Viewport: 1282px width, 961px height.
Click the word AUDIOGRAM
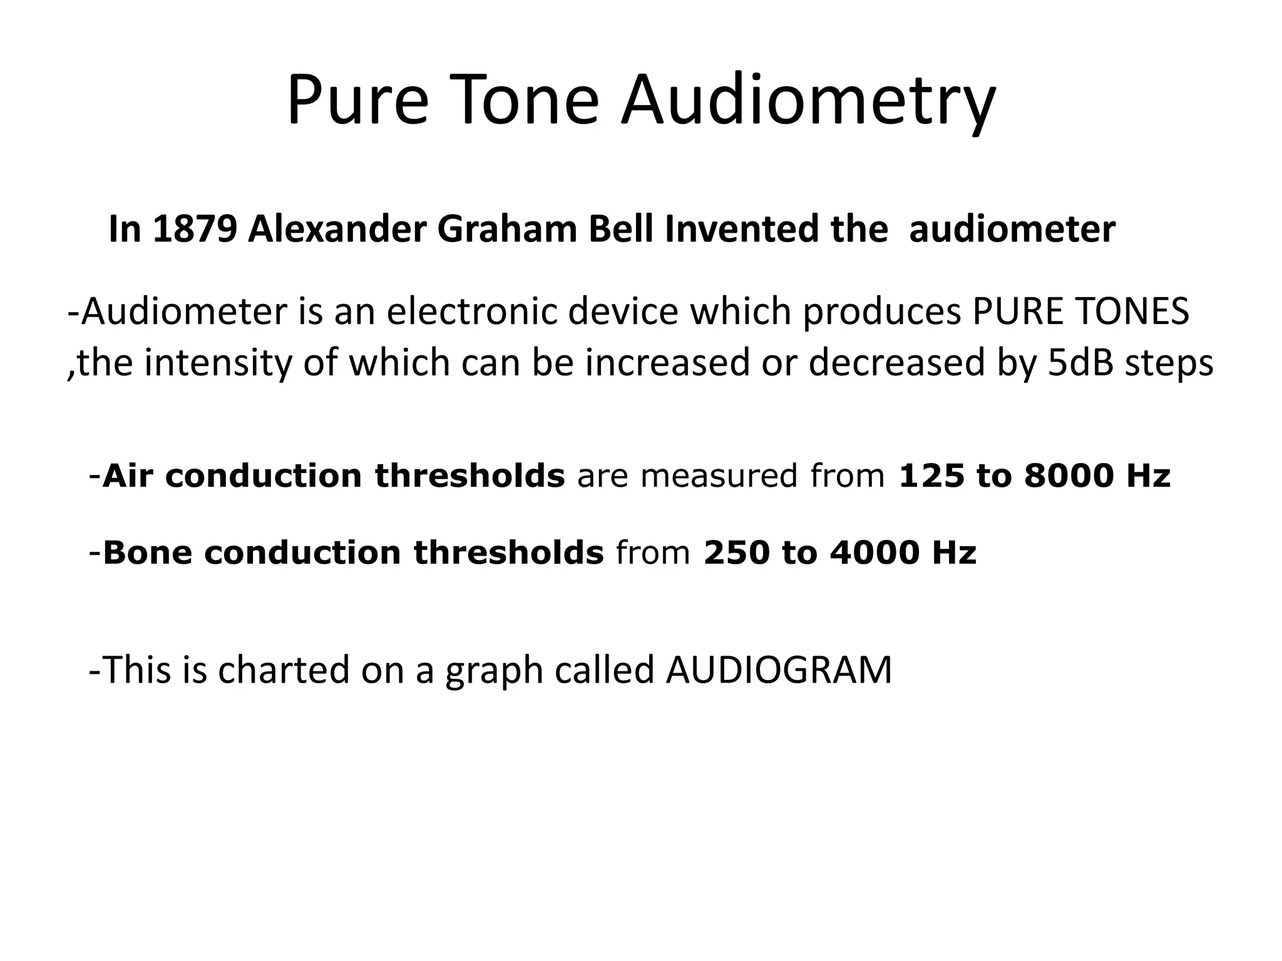779,670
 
